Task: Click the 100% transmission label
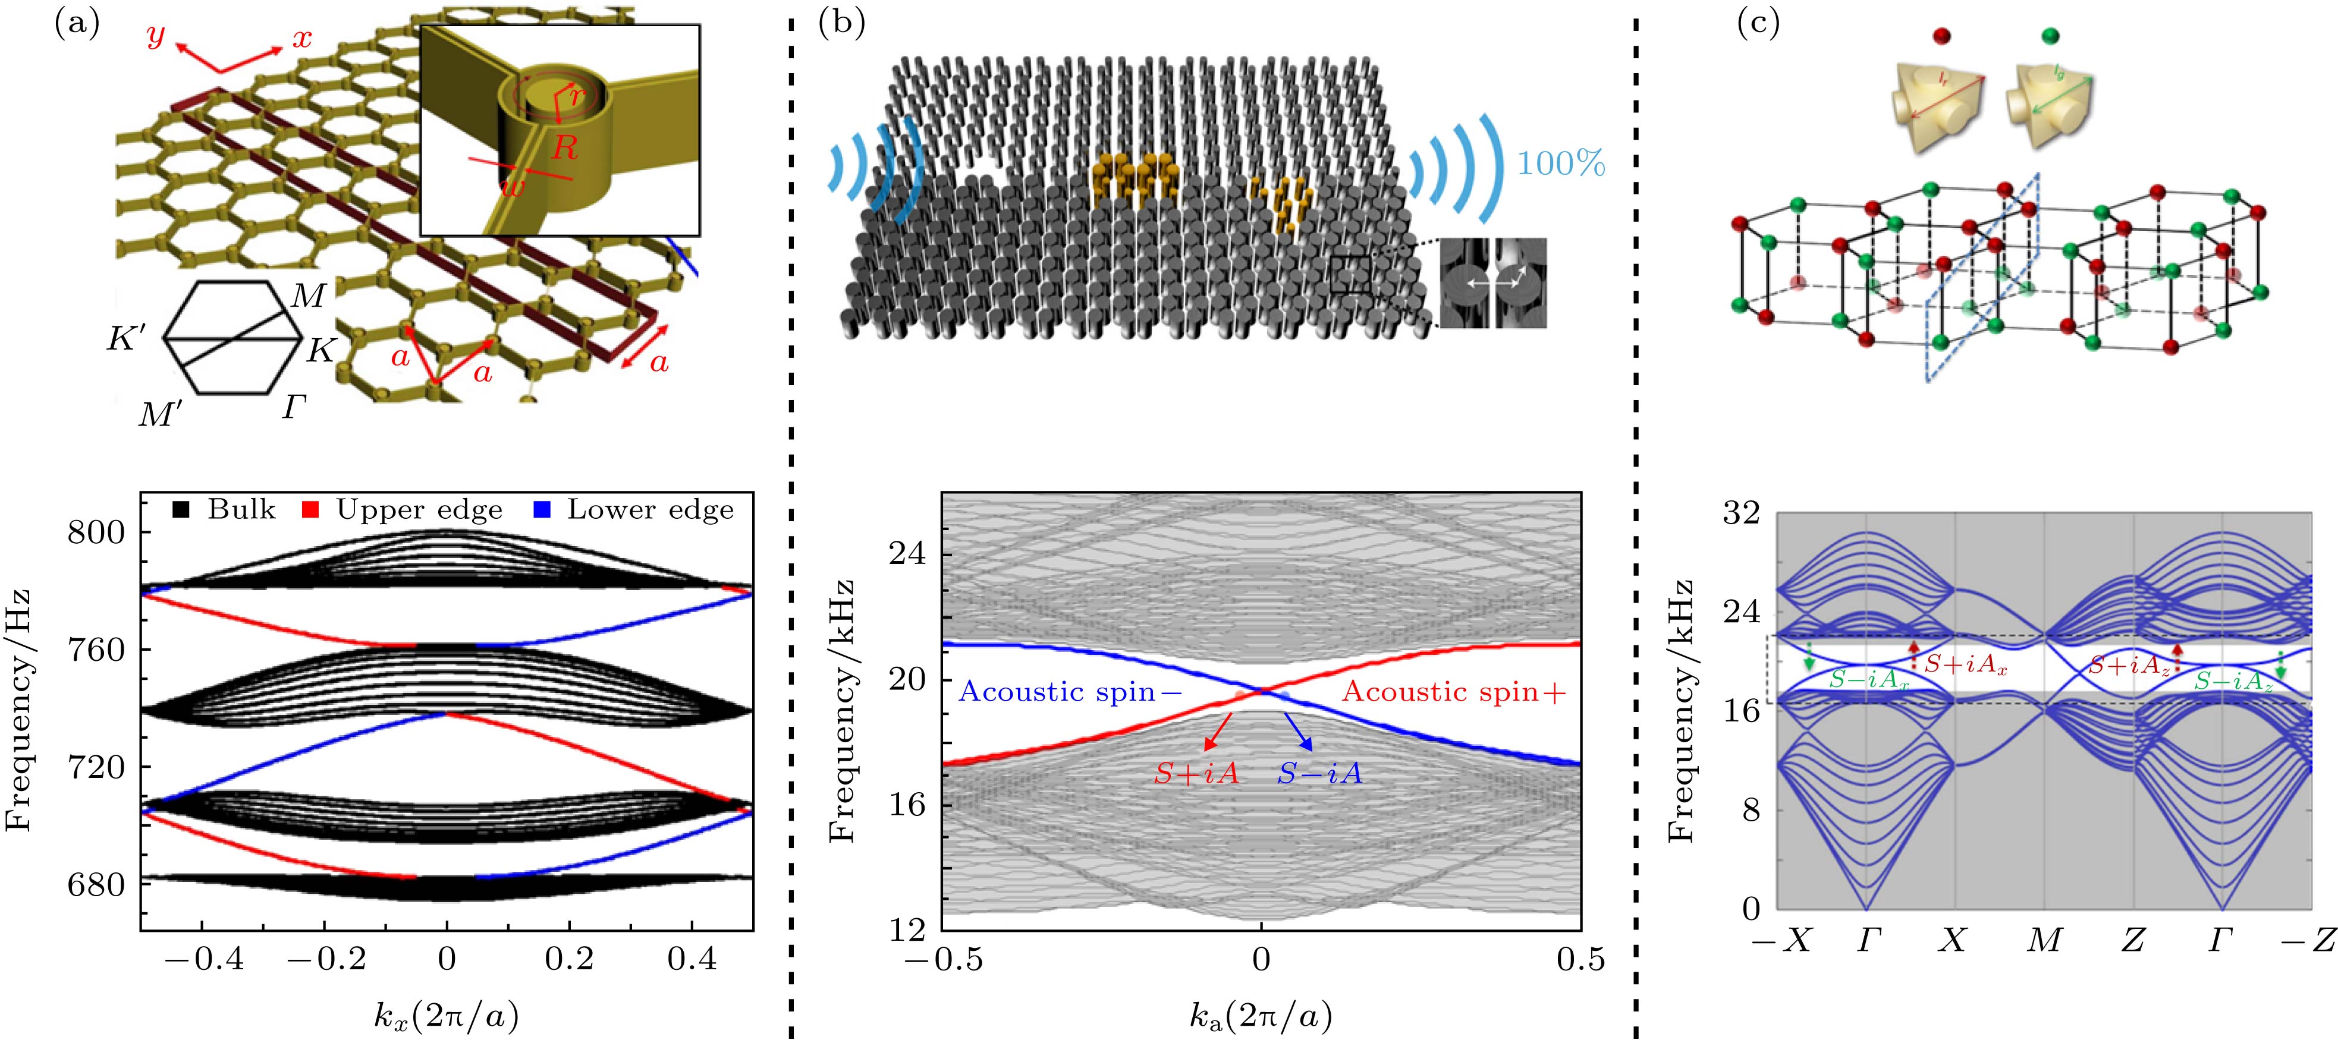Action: [x=1561, y=164]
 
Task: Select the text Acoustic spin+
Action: [x=1454, y=692]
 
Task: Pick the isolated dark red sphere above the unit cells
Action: [x=1942, y=36]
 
